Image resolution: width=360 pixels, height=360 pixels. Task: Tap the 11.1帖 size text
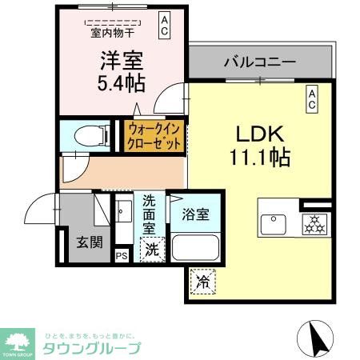261,158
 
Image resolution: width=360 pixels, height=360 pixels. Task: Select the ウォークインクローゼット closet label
154,136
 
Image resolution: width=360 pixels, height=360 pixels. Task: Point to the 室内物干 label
111,33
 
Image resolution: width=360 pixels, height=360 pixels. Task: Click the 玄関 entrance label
89,241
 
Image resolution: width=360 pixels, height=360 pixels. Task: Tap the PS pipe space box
121,256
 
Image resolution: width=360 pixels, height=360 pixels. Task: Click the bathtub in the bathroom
197,249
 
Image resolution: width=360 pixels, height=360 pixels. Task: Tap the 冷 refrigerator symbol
202,282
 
